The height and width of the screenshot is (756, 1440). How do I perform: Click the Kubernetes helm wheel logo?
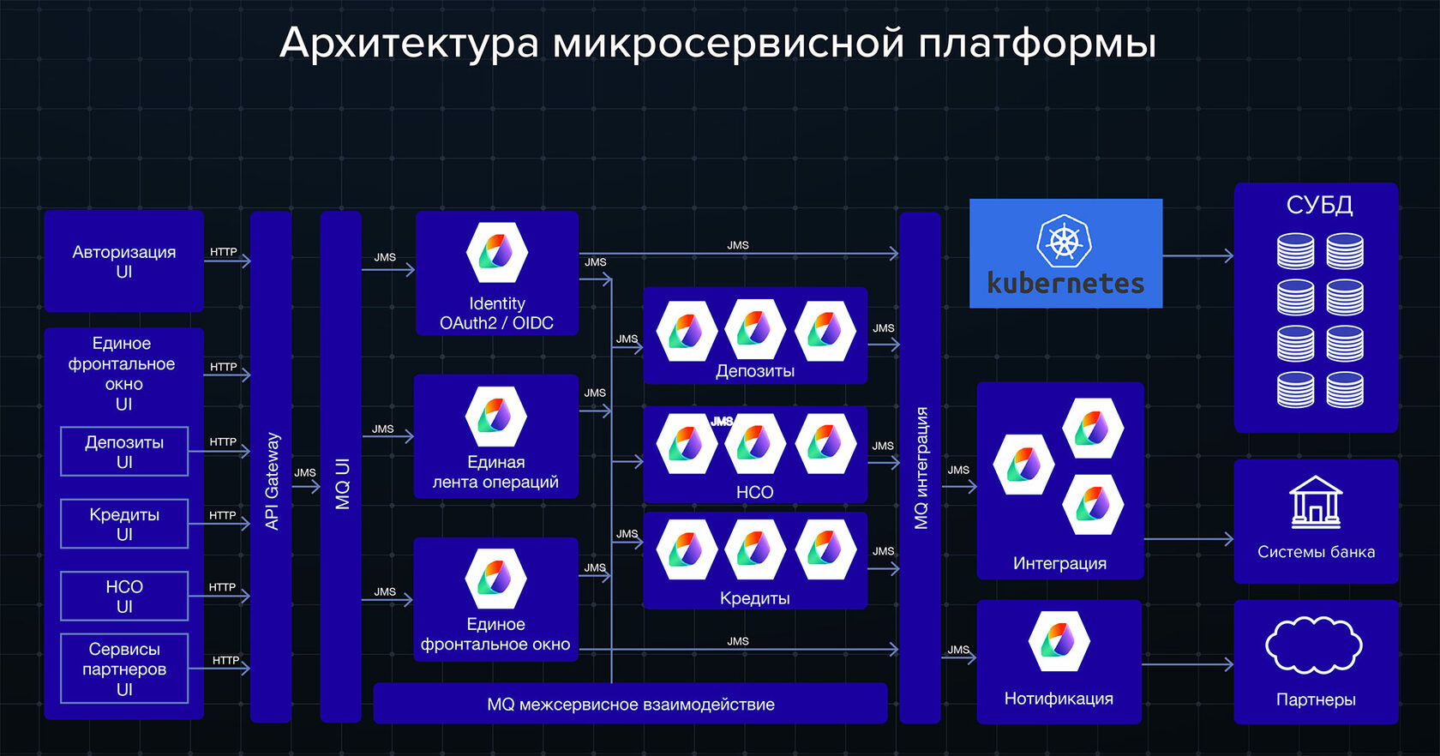(1064, 241)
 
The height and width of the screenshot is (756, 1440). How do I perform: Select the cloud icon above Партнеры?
(1313, 645)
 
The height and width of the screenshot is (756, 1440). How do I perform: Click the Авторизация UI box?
(123, 261)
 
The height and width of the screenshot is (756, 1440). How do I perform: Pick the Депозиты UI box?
(124, 452)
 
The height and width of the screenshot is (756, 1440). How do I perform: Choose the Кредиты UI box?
(124, 524)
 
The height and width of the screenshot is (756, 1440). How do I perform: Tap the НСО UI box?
(124, 596)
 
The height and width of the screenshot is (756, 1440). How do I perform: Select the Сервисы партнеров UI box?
(124, 669)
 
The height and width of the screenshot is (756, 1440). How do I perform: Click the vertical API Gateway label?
(272, 481)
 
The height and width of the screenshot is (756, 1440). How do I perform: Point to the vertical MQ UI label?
(342, 483)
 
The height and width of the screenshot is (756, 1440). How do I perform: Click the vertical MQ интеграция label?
(921, 468)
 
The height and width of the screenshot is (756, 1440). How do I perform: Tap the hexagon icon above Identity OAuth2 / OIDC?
(496, 253)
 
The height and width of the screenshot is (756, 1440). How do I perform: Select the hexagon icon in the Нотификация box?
(1059, 641)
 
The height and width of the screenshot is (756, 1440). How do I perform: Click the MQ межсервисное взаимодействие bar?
(630, 705)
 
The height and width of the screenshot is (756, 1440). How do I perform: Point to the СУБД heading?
(1319, 205)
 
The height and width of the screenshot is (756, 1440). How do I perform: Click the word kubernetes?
(1065, 283)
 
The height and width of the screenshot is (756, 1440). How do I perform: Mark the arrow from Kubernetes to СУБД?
(1197, 255)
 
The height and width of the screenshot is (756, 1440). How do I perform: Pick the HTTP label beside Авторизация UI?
(224, 252)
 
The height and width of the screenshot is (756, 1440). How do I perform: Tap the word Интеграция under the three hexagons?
(1059, 563)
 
